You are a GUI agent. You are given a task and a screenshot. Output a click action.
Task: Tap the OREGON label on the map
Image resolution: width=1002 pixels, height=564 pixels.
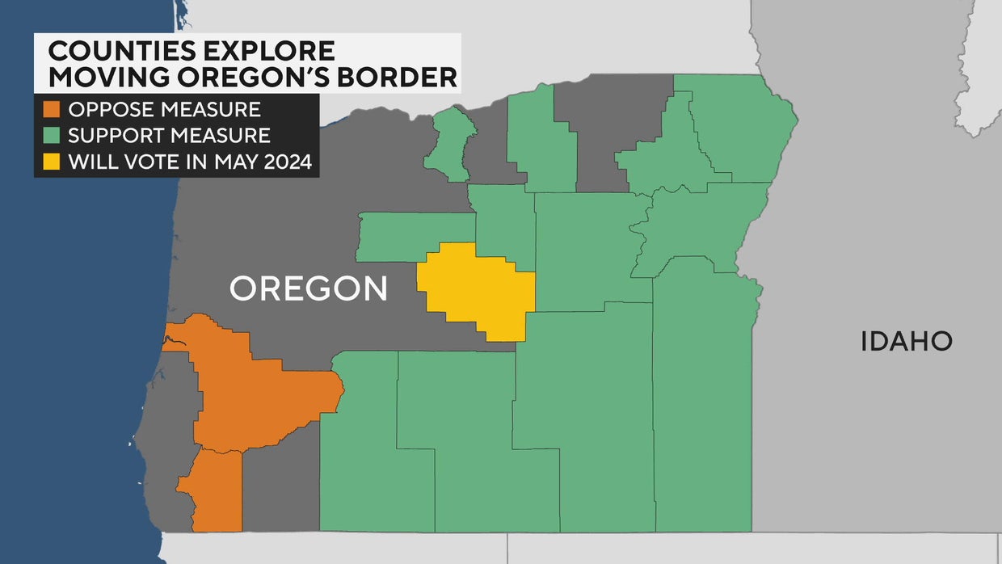[309, 288]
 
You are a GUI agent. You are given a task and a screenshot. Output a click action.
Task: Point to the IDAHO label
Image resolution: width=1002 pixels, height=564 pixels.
[906, 341]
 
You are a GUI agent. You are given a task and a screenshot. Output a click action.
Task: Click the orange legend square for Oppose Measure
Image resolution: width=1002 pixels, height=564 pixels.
[52, 109]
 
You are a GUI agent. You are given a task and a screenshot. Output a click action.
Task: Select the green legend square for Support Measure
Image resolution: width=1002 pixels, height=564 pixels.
[52, 135]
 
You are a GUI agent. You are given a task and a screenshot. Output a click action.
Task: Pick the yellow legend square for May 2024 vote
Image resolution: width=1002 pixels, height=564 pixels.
[52, 161]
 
